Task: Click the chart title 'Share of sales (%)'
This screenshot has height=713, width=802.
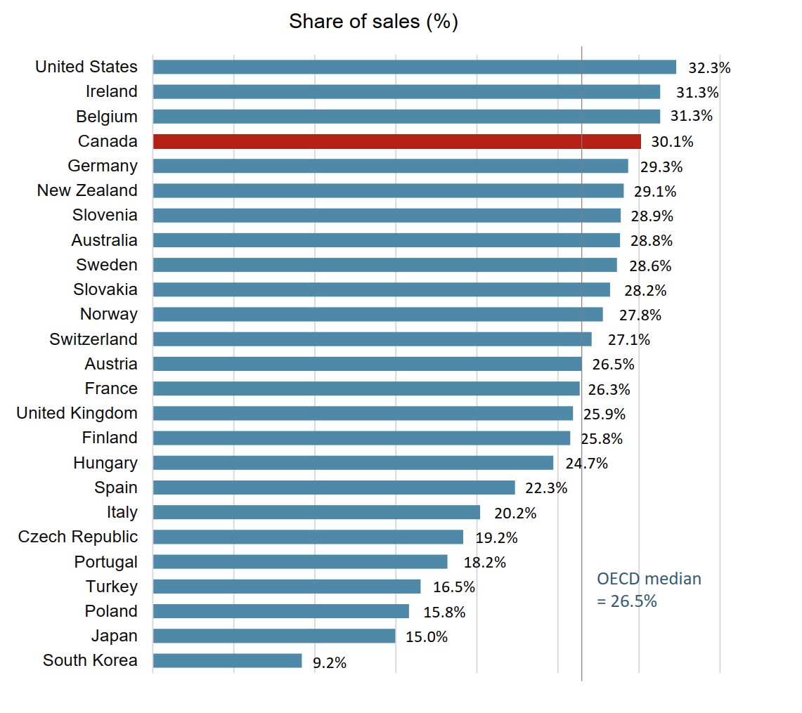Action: tap(373, 22)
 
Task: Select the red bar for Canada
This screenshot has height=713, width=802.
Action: tap(396, 141)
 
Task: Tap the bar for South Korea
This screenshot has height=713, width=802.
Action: tap(227, 661)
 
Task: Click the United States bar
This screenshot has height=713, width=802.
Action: tap(414, 67)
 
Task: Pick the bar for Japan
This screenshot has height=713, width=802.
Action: tap(273, 636)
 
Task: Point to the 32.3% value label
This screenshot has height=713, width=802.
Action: tap(709, 68)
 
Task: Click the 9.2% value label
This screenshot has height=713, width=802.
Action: tap(329, 662)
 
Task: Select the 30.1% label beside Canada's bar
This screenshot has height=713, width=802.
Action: tap(672, 142)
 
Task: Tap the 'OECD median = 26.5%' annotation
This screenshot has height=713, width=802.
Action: tap(648, 590)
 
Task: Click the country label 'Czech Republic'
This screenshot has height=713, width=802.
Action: tap(78, 537)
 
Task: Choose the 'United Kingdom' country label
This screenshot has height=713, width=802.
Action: tap(77, 413)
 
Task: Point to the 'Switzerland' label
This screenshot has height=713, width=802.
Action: tap(93, 339)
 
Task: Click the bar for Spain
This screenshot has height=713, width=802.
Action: tap(333, 488)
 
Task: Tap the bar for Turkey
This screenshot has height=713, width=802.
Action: tap(286, 587)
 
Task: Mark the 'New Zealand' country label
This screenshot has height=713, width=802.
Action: tap(87, 190)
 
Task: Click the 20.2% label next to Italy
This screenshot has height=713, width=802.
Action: tap(515, 514)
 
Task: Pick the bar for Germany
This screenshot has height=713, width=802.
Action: tap(390, 166)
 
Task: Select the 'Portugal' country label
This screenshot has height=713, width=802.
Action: tap(106, 562)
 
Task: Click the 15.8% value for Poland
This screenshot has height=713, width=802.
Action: tap(444, 613)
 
